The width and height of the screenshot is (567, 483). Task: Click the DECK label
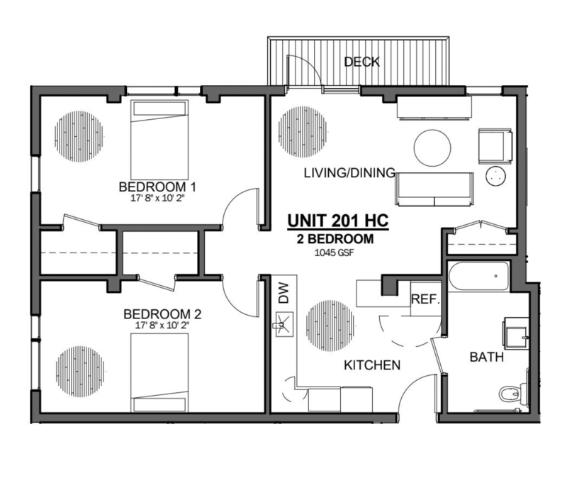coord(361,62)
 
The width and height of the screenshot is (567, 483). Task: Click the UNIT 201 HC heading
coord(337,221)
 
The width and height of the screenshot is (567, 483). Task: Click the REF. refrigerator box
coord(426,300)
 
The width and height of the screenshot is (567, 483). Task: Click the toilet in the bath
coord(512,391)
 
